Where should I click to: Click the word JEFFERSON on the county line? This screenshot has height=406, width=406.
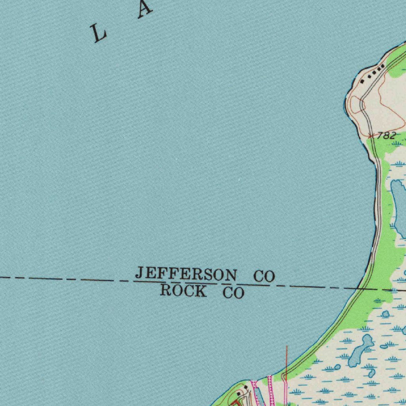pos(186,274)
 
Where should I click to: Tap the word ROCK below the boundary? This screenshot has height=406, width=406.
pos(183,291)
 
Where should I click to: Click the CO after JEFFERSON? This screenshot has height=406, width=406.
pos(264,276)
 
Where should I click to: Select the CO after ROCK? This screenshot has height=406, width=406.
pos(234,293)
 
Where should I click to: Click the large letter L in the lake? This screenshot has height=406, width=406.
pos(98,33)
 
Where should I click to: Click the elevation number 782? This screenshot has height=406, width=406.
pos(386,136)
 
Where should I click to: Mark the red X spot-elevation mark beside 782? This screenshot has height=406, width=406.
pos(371,136)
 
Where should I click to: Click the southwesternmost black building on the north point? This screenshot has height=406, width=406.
pos(362,81)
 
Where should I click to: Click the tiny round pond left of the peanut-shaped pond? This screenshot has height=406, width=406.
pos(337,367)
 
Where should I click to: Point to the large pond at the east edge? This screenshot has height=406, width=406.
pos(398,206)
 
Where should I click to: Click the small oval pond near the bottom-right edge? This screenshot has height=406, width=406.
pos(384,347)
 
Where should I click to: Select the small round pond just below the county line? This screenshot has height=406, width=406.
pos(385,314)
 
